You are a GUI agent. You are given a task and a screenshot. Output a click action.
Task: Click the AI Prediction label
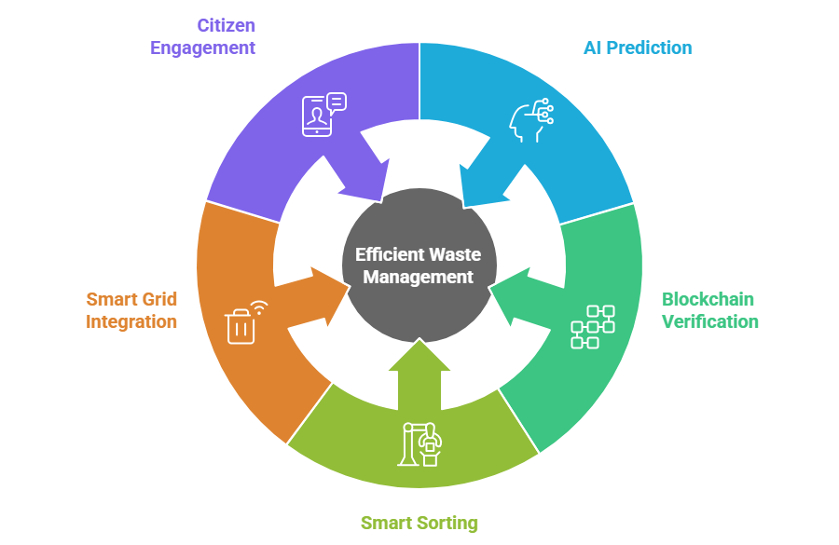[638, 48]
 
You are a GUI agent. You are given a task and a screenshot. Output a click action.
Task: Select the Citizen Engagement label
[202, 36]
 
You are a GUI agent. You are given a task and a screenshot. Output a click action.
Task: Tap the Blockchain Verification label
[709, 310]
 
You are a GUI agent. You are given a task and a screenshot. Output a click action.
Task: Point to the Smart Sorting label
[419, 522]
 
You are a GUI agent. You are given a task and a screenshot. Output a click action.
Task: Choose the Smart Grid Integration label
[131, 310]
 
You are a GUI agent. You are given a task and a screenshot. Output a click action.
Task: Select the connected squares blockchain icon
[593, 326]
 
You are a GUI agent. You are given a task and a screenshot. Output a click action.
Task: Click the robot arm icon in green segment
[422, 444]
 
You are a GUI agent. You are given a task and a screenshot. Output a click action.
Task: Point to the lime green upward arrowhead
[419, 359]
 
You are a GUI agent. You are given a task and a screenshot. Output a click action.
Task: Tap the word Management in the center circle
[419, 277]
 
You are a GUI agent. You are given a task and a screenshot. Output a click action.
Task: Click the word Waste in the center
[456, 255]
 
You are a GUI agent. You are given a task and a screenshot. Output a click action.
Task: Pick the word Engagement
[202, 48]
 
